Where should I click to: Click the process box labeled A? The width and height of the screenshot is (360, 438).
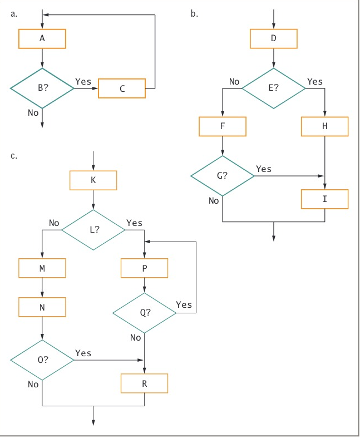point(42,38)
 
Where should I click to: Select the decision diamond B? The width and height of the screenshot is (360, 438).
point(42,88)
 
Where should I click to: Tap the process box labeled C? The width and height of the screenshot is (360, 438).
point(122,88)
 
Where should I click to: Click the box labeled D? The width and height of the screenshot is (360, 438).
point(273,38)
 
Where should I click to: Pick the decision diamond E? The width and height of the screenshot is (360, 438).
point(273,88)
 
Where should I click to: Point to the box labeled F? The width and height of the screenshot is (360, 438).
point(223,126)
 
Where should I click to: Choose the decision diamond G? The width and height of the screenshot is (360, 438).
point(223,175)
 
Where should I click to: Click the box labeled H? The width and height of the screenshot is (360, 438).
point(325,126)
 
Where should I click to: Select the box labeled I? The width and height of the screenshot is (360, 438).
point(325,199)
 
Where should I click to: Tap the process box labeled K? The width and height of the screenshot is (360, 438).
point(93,180)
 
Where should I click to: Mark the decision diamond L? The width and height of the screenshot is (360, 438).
point(93,229)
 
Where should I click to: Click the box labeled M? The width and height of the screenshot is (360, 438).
point(42,268)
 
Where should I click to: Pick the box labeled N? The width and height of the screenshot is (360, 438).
point(42,307)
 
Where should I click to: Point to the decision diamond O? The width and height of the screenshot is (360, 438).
point(42,360)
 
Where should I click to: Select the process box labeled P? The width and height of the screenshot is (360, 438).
point(145,268)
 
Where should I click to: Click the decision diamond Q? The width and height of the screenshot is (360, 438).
point(145,313)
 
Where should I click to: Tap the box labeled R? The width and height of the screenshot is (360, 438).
point(145,383)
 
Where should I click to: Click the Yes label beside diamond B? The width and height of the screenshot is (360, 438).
point(83,82)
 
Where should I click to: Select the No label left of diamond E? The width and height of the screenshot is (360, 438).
point(234,82)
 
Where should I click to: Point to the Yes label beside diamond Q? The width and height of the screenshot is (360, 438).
point(184,304)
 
